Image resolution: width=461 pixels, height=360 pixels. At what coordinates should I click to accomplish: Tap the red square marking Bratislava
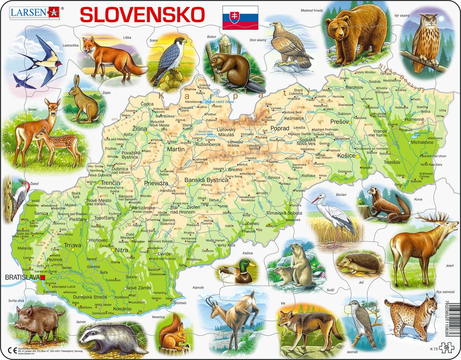42,278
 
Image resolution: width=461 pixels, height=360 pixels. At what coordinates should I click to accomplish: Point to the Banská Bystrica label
206,180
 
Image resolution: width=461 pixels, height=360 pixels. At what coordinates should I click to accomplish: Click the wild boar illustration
40,319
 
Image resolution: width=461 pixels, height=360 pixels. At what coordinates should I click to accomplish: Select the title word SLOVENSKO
142,15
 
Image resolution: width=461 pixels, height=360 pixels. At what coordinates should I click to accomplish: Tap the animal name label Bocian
341,195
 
